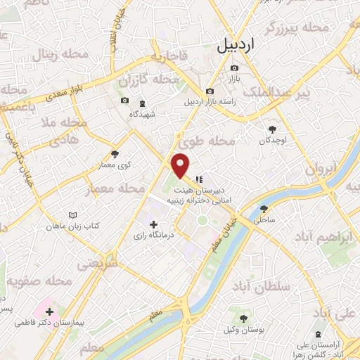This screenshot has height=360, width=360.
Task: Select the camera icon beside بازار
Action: [234, 68]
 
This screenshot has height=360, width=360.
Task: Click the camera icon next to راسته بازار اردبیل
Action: [210, 91]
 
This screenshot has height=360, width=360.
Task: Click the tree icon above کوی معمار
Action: [115, 153]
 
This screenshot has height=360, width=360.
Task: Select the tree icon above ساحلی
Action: [264, 209]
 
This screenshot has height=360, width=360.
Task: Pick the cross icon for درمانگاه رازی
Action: [153, 224]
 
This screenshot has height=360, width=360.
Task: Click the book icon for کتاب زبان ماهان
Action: [69, 216]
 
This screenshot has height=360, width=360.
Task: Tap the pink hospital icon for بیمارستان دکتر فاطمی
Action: [49, 311]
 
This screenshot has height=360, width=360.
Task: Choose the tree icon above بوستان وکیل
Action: [243, 319]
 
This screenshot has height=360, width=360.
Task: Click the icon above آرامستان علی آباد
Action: [320, 334]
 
